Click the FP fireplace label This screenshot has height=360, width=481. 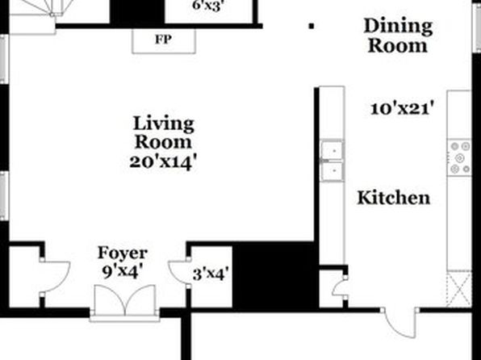click(x=163, y=40)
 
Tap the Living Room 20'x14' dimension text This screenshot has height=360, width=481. click(x=162, y=162)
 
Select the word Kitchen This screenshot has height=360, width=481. click(x=394, y=198)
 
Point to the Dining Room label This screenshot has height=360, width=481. click(x=398, y=36)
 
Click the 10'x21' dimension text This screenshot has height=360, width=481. click(x=403, y=109)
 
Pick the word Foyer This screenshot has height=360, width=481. click(x=123, y=253)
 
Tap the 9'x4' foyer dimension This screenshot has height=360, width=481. click(x=123, y=271)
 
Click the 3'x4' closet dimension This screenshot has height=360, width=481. click(x=211, y=274)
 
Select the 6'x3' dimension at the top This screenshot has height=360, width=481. click(x=207, y=6)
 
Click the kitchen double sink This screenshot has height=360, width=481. click(x=332, y=161)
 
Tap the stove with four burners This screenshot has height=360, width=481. click(x=459, y=157)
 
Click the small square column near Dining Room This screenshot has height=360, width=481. click(x=312, y=27)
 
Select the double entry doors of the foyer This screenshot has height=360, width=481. click(x=125, y=301)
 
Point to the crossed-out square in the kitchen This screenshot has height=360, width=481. click(x=459, y=289)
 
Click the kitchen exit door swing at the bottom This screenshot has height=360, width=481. click(x=399, y=323)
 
